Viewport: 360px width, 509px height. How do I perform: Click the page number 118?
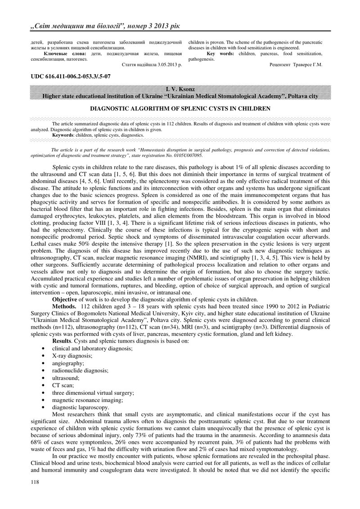(x=33, y=483)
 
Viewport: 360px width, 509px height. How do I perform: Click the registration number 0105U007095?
(x=184, y=155)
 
